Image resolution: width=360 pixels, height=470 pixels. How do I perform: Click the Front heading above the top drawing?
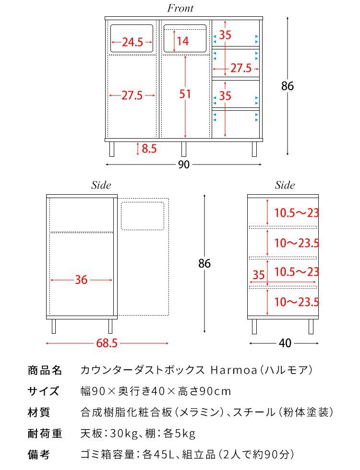[x=180, y=8]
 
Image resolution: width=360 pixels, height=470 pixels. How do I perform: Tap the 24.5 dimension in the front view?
[x=132, y=42]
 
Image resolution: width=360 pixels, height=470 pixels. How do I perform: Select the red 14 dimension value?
[x=182, y=41]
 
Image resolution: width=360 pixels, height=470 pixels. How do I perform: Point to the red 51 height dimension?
[x=185, y=94]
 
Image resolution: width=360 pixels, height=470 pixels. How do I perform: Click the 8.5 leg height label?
[x=149, y=149]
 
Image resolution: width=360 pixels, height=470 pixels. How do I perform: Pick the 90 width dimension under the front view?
[x=183, y=164]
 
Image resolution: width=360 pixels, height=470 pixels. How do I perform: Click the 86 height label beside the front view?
[x=288, y=86]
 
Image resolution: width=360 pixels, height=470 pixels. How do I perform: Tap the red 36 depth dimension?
[x=81, y=280]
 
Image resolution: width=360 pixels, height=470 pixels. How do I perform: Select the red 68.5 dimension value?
[x=107, y=343]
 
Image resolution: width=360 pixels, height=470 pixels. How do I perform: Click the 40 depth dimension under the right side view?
[x=285, y=343]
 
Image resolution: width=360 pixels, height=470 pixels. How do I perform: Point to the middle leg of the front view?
[x=183, y=149]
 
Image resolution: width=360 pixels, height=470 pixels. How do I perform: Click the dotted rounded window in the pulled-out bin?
[x=143, y=216]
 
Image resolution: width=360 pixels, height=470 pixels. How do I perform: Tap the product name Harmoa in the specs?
[x=234, y=370]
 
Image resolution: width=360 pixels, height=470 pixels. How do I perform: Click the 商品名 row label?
[x=45, y=370]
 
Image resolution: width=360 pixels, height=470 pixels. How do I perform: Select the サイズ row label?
[x=43, y=391]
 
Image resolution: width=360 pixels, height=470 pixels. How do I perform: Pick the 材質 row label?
[x=39, y=412]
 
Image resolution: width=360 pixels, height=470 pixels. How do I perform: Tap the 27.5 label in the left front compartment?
[x=132, y=95]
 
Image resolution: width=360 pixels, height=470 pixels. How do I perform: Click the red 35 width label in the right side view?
[x=259, y=275]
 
